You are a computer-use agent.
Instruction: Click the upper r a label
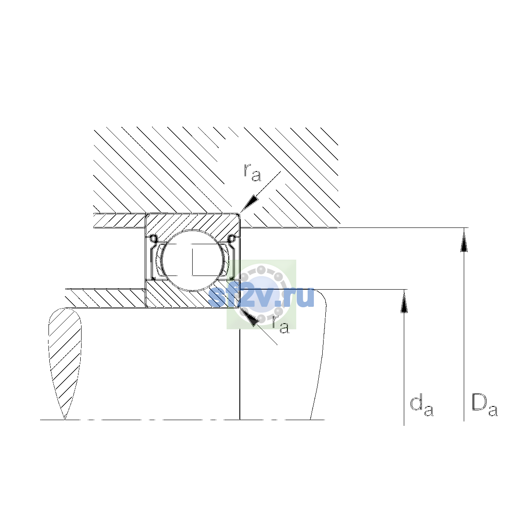[x=252, y=173]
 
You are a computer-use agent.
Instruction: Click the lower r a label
[x=280, y=325]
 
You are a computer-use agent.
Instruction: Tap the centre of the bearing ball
[x=193, y=260]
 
